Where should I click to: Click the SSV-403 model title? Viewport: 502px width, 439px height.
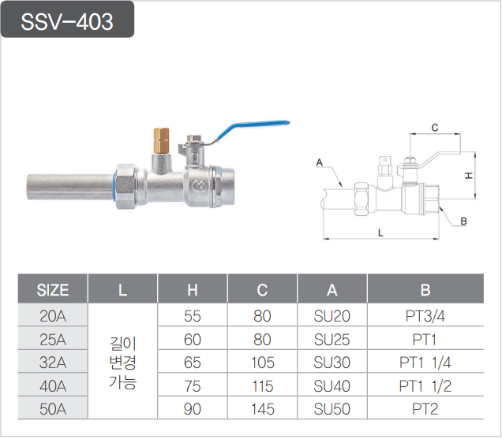[x=68, y=21]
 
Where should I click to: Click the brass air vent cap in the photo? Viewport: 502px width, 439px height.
[x=162, y=140]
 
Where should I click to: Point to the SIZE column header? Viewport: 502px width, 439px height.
[x=53, y=290]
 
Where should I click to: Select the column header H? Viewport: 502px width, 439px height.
[x=193, y=290]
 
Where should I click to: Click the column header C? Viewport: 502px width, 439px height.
[x=262, y=290]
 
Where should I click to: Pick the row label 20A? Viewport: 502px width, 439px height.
[x=53, y=317]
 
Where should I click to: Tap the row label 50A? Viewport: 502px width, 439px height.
[x=53, y=409]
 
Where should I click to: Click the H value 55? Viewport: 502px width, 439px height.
[x=193, y=317]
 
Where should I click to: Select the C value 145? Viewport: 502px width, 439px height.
[x=262, y=409]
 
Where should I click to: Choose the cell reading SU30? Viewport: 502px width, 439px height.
[x=332, y=363]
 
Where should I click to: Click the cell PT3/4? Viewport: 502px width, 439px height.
[x=425, y=317]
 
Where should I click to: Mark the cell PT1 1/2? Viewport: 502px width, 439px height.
[x=425, y=386]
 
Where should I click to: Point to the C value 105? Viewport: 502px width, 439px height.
[x=262, y=363]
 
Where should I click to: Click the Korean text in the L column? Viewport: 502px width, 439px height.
[x=122, y=363]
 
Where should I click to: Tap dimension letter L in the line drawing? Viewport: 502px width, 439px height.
[x=381, y=233]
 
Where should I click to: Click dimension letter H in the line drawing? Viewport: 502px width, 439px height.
[x=468, y=174]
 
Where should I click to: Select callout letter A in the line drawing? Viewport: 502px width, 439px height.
[x=320, y=163]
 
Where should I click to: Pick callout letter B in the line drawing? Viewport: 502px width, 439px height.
[x=463, y=221]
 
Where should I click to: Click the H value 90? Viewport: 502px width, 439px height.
[x=193, y=409]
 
